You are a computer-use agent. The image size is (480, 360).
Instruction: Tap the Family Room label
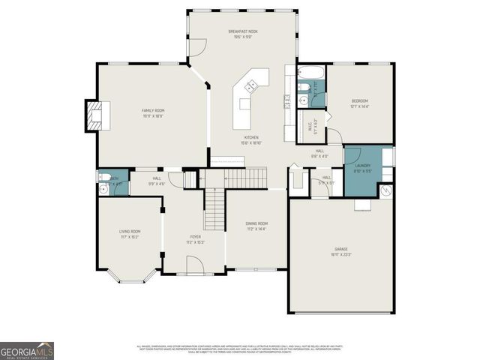[153, 111]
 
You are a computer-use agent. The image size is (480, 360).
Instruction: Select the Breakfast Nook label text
[244, 31]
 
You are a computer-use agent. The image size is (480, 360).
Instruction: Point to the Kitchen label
[250, 138]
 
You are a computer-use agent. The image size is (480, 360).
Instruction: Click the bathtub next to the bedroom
[310, 73]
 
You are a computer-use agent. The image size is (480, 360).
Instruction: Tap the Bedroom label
[360, 100]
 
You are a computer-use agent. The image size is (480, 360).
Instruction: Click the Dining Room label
[256, 223]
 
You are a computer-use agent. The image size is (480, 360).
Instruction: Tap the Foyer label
[195, 237]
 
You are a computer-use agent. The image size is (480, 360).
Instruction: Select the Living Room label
[130, 232]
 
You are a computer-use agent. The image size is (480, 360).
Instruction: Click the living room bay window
[130, 280]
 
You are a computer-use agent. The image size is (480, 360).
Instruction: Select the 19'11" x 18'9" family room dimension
[153, 116]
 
